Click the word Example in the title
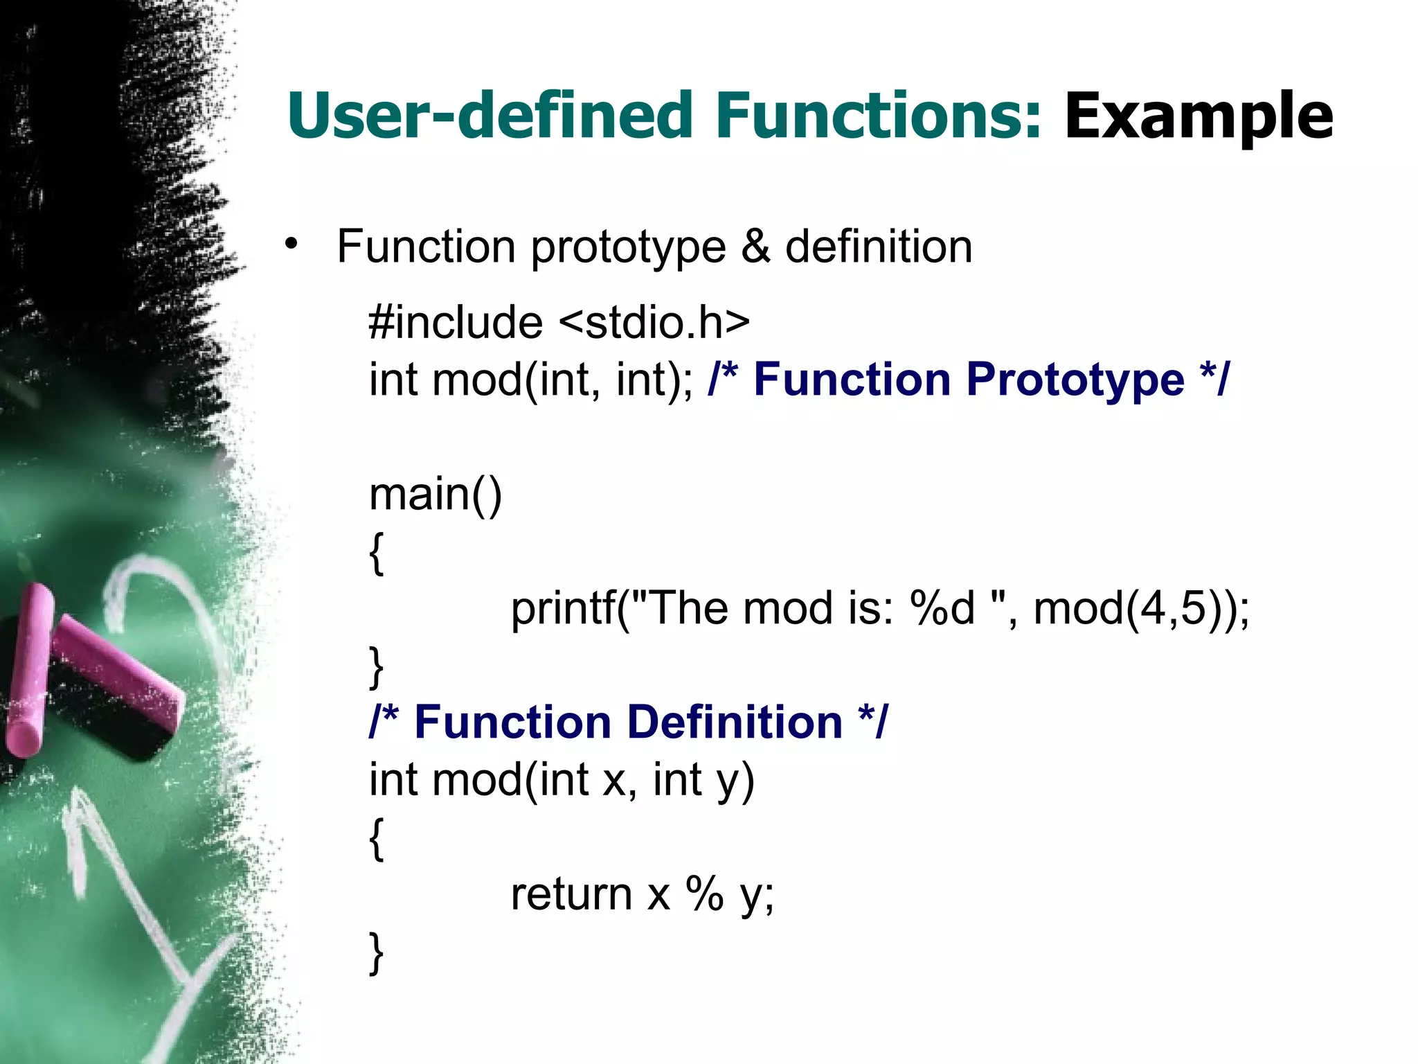point(1198,116)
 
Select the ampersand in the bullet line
point(755,247)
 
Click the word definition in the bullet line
point(879,247)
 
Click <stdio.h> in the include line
point(654,323)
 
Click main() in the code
point(436,495)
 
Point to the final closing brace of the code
point(376,953)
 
